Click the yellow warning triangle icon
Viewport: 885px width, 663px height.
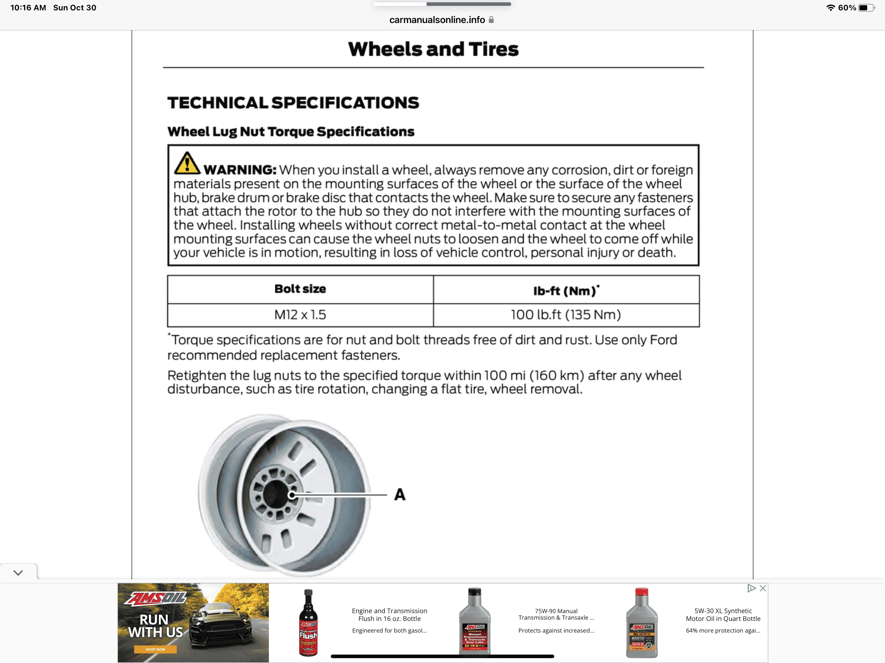coord(187,163)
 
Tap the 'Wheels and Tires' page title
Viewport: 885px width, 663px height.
coord(433,49)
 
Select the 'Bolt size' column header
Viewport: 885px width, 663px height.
coord(300,289)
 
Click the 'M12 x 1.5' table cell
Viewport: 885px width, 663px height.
coord(300,315)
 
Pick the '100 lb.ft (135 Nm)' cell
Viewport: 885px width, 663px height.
coord(566,315)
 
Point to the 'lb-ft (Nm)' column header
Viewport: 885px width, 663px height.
coord(566,290)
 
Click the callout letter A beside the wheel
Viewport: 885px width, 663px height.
coord(400,495)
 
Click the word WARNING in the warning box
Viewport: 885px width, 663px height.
coord(240,170)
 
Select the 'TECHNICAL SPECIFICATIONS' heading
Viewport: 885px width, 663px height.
coord(293,103)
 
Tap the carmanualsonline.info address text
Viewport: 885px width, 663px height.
coord(437,20)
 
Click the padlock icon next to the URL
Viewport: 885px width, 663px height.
coord(491,20)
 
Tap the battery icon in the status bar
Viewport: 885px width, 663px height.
coord(866,7)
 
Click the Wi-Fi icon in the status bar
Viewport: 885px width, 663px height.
coord(831,7)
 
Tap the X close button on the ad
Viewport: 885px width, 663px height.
coord(763,588)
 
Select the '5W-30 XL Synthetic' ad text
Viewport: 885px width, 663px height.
coord(723,611)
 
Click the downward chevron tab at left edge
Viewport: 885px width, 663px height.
coord(18,573)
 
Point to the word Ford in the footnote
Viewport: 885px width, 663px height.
coord(663,340)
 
